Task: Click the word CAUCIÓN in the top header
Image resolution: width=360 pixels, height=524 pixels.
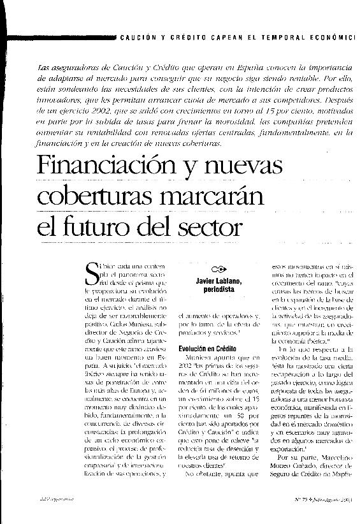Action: tap(136, 38)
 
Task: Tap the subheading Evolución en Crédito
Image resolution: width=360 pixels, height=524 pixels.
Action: tap(207, 349)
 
